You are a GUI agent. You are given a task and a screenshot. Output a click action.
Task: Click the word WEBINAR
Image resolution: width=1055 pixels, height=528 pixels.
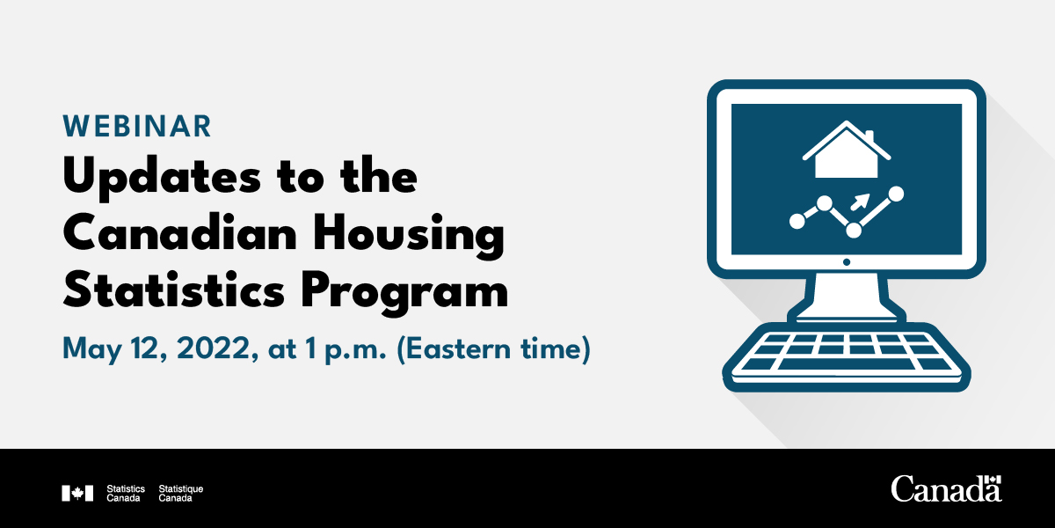click(137, 127)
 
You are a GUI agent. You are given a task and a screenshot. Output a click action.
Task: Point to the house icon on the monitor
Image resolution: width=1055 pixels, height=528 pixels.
click(846, 150)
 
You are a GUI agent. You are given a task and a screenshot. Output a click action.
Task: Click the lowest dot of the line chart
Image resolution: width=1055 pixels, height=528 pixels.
click(853, 230)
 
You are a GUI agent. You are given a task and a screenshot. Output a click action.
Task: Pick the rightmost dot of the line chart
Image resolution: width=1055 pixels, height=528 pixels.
click(896, 193)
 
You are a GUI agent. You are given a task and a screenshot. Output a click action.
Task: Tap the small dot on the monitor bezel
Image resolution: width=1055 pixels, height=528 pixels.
click(846, 261)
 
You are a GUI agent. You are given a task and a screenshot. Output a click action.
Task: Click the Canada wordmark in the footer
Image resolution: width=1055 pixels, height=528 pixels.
click(946, 488)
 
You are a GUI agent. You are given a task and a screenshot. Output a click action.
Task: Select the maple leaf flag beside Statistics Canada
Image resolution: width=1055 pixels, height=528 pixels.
click(77, 493)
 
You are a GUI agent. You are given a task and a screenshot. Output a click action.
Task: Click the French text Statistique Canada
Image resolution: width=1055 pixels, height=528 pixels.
click(180, 493)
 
